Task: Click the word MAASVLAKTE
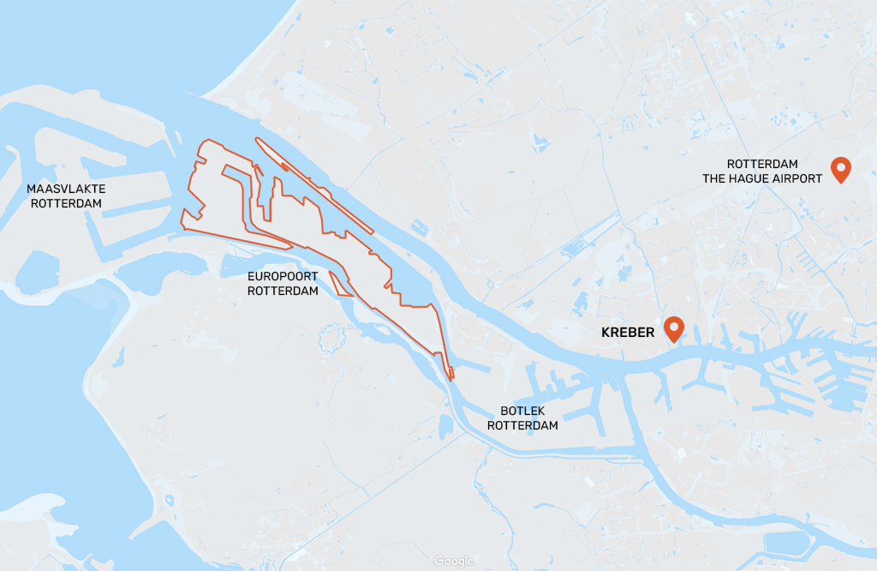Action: tap(66, 189)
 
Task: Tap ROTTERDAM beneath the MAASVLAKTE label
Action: tap(66, 203)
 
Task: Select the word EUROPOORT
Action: tap(283, 276)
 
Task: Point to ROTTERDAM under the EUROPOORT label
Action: tap(283, 291)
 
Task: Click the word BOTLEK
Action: tap(522, 411)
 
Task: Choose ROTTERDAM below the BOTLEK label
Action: tap(522, 425)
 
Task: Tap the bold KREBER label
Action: tap(628, 332)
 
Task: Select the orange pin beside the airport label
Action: tap(841, 169)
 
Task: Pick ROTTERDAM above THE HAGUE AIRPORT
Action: tap(762, 164)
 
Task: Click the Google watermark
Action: tap(453, 561)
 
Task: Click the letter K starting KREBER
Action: tap(606, 332)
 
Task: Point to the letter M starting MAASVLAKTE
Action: tap(31, 189)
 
